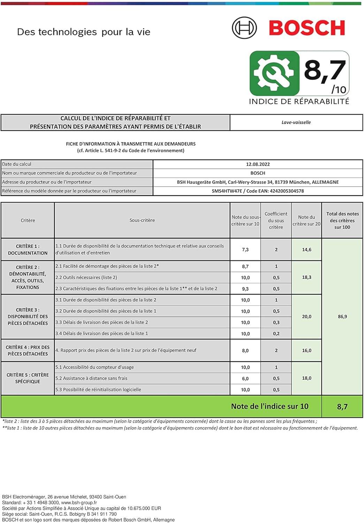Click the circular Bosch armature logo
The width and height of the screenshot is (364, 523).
244,28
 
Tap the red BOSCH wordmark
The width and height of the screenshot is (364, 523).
307,28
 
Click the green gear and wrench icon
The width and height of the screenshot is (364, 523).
274,73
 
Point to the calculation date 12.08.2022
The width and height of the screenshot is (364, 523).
258,164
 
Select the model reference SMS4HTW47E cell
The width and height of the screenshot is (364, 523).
258,191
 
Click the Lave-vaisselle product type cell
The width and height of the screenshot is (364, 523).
296,122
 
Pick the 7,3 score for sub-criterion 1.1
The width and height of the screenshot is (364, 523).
245,250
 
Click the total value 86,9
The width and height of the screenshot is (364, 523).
342,317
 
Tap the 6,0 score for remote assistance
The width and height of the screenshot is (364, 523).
245,378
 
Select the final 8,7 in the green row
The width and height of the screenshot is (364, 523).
342,407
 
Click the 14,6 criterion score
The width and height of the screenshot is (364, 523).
306,250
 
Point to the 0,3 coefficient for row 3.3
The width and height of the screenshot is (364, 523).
276,323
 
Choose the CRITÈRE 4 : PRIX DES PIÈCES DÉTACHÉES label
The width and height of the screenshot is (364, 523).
28,350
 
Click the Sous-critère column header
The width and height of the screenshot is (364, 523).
142,220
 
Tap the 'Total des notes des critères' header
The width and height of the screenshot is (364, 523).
342,220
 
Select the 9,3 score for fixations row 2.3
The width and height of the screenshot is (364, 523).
245,289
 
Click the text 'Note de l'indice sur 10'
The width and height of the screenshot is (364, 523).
270,406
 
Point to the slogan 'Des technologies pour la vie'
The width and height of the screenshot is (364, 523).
84,32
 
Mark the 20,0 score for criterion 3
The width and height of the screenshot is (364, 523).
306,317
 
